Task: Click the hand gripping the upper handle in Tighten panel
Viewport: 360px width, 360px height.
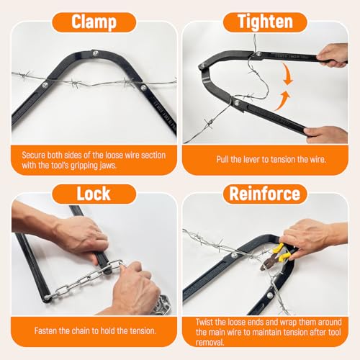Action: point(333,54)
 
